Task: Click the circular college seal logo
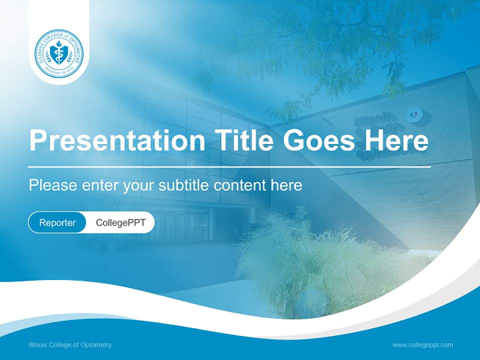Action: [59, 53]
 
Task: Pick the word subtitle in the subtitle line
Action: [184, 185]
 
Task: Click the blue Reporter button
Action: [57, 222]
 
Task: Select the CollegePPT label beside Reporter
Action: [120, 222]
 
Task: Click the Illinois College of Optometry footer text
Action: [70, 345]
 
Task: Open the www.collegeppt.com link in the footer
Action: [422, 345]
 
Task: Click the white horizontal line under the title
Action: [229, 166]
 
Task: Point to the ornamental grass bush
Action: [320, 260]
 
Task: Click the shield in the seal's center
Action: [59, 53]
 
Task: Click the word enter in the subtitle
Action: [101, 185]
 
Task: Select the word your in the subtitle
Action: [140, 185]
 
